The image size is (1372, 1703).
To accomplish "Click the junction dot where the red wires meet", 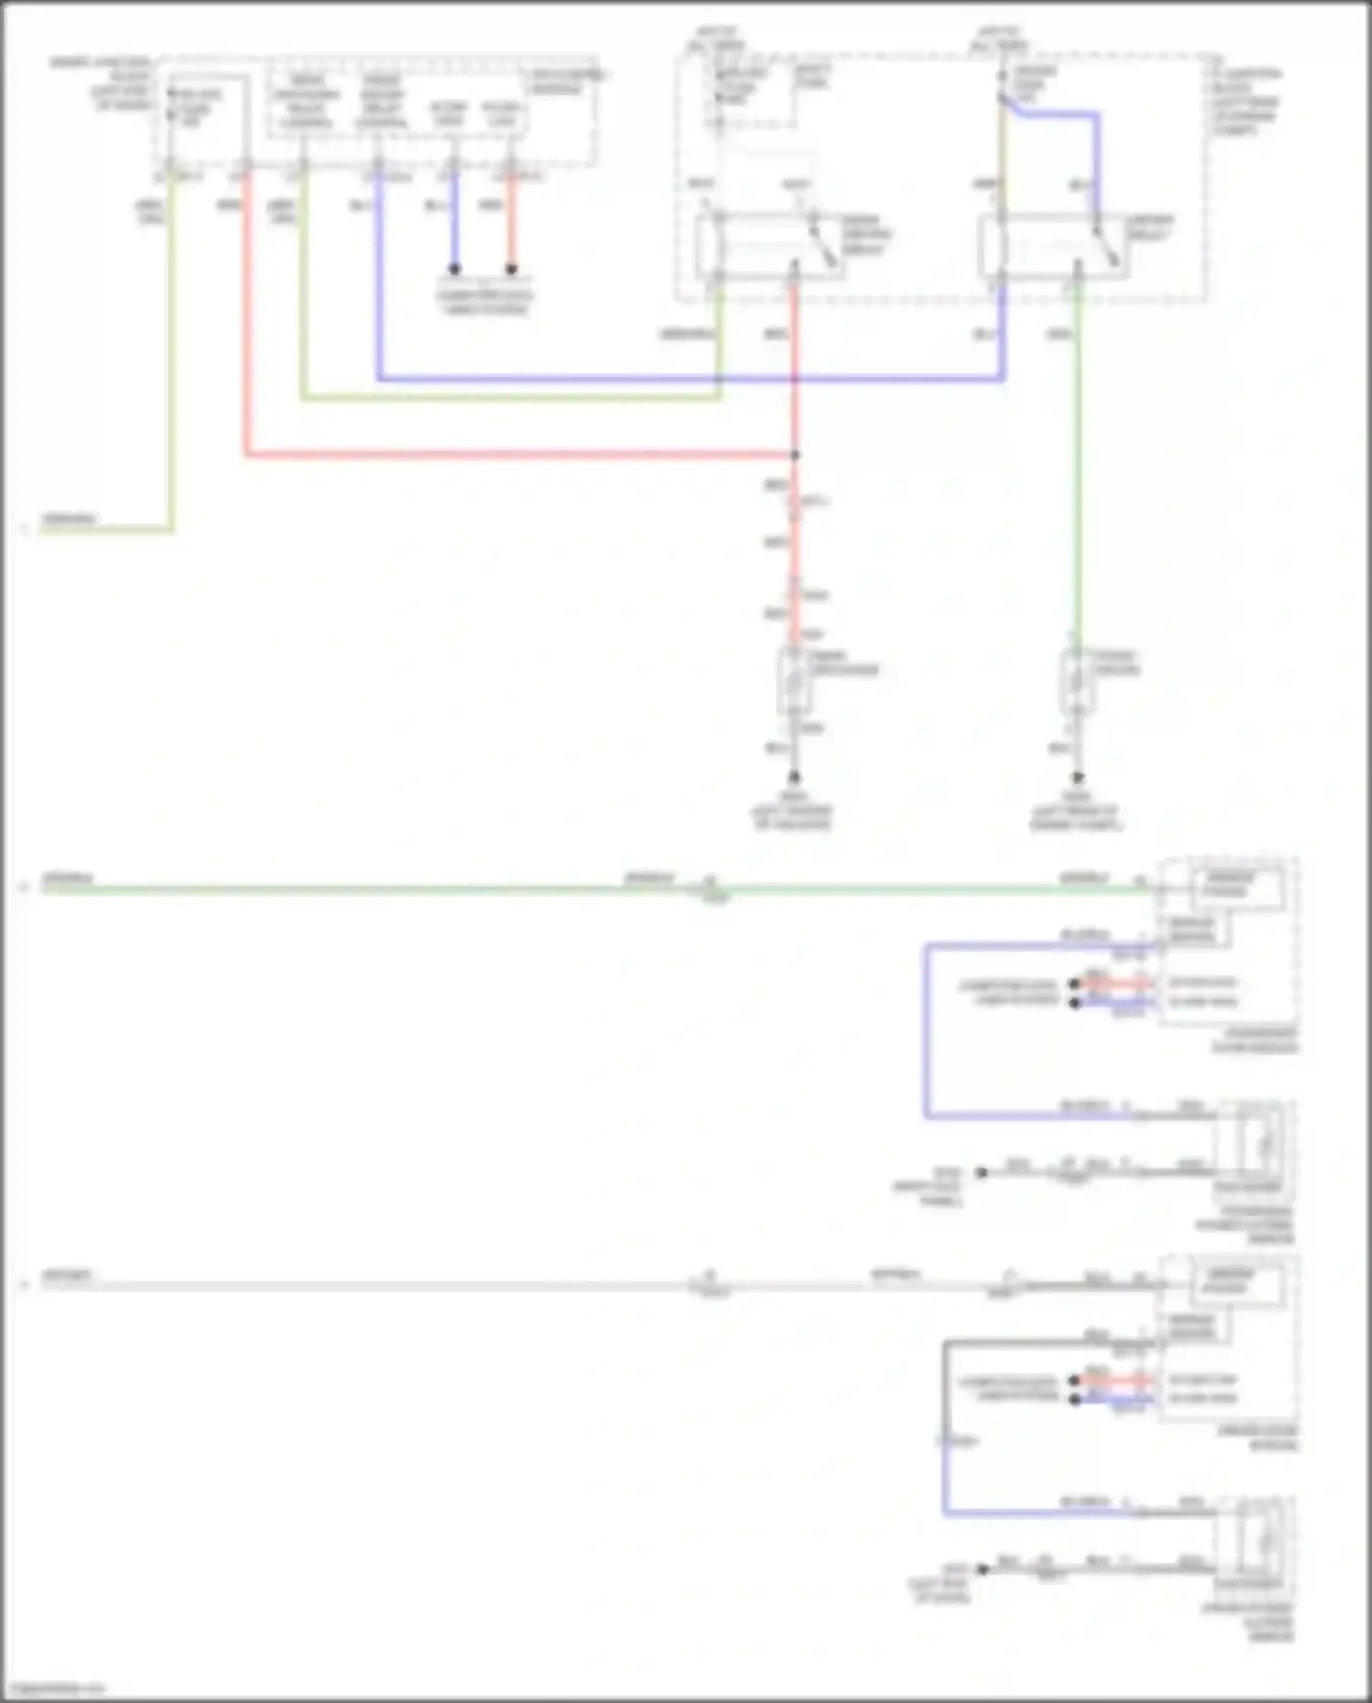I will pyautogui.click(x=795, y=455).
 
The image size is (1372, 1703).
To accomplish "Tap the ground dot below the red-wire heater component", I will pyautogui.click(x=795, y=778).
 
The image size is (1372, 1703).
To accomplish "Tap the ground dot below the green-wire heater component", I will pyautogui.click(x=1077, y=778).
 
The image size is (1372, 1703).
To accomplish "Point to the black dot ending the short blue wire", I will pyautogui.click(x=454, y=269).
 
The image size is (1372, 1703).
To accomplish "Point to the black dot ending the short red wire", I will pyautogui.click(x=511, y=269).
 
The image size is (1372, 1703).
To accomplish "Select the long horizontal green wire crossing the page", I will pyautogui.click(x=366, y=889).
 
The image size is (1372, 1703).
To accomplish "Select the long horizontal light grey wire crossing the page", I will pyautogui.click(x=366, y=1287).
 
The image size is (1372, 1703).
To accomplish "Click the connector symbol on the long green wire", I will pyautogui.click(x=710, y=888).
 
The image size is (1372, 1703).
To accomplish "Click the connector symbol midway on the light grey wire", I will pyautogui.click(x=710, y=1286).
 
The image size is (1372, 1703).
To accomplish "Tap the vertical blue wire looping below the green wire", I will pyautogui.click(x=926, y=1029).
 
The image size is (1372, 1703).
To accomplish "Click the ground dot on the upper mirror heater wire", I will pyautogui.click(x=981, y=1172).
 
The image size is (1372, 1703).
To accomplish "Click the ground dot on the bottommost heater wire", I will pyautogui.click(x=982, y=1569).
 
